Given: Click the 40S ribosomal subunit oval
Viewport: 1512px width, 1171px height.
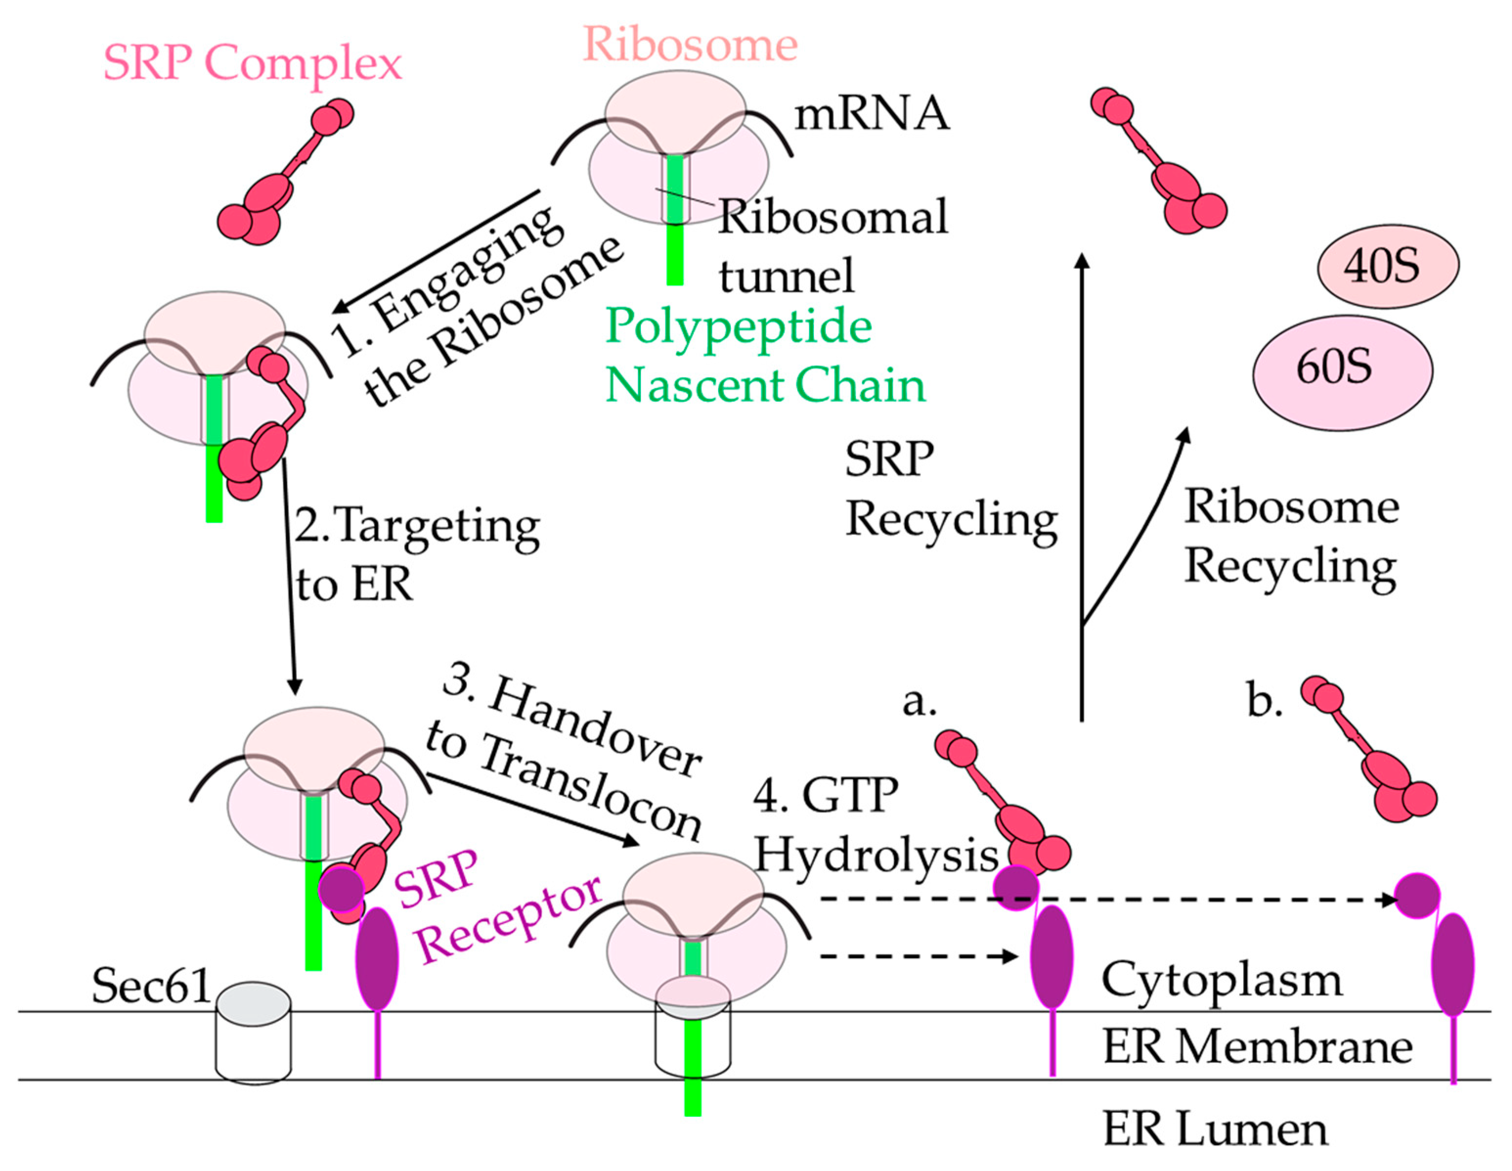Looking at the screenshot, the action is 1387,266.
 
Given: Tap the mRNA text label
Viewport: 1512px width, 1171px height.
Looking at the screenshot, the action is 872,113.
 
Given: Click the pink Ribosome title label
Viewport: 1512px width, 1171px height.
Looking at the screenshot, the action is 690,45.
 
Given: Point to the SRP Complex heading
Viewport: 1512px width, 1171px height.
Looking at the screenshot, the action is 253,63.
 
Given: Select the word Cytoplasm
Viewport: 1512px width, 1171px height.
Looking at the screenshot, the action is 1222,982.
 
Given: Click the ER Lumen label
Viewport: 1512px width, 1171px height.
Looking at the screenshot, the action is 1215,1129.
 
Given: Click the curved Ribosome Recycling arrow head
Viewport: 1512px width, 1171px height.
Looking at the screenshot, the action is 1185,434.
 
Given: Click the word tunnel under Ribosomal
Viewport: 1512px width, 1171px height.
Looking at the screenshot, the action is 787,276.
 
